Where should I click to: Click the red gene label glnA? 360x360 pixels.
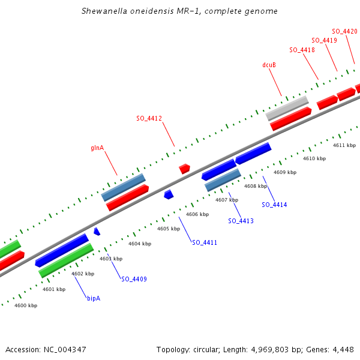(x=97, y=147)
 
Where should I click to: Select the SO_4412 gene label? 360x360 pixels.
(x=149, y=118)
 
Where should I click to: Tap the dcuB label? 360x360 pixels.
(x=269, y=65)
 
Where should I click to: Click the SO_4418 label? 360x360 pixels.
(x=302, y=50)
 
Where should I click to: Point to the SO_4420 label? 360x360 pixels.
(x=344, y=31)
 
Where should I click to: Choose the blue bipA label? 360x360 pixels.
(x=94, y=298)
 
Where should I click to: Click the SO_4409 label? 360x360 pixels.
(x=134, y=279)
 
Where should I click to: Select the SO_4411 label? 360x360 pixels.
(x=205, y=242)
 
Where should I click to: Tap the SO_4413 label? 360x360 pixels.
(x=241, y=221)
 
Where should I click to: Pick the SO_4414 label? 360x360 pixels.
(x=274, y=205)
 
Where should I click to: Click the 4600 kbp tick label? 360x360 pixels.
(x=26, y=305)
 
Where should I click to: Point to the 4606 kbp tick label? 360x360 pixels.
(x=197, y=214)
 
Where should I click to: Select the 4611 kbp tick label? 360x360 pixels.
(x=344, y=145)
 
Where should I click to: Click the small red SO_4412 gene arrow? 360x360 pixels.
(x=184, y=169)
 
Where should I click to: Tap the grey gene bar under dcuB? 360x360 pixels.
(x=287, y=108)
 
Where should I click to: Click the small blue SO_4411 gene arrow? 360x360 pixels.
(x=169, y=194)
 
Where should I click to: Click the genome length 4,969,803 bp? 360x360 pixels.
(x=252, y=349)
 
